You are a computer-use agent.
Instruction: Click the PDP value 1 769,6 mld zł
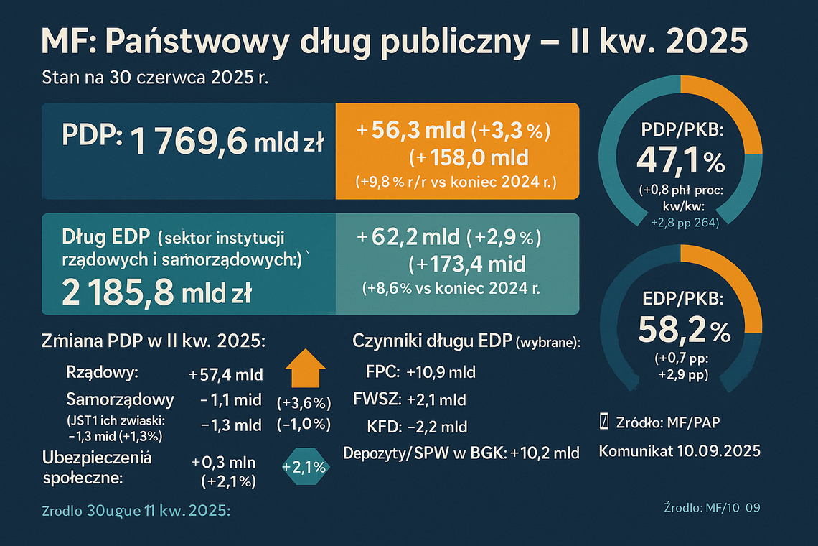[227, 141]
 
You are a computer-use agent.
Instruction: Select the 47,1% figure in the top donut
[680, 162]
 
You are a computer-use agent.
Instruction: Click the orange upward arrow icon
[306, 369]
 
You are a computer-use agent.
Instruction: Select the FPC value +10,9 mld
[441, 373]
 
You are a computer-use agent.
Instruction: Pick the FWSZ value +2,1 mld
[436, 399]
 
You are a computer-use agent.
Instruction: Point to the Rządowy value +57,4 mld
[226, 374]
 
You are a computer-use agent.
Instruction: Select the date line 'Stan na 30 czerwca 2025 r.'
[156, 78]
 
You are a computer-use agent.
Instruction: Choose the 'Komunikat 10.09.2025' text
[679, 451]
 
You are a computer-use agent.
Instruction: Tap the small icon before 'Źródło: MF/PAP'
[603, 422]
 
